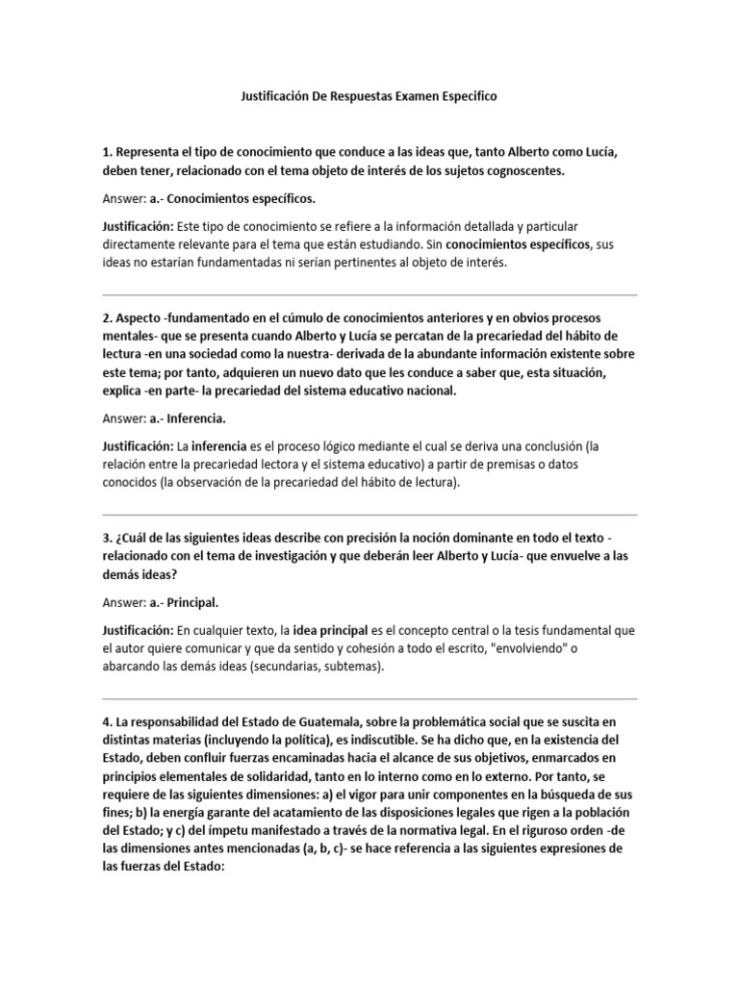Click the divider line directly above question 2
[x=369, y=294]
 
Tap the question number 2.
[x=107, y=317]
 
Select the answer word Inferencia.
[x=196, y=419]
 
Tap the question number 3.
[x=107, y=537]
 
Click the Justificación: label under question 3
[x=137, y=631]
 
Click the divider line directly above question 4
[x=369, y=698]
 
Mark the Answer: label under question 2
[x=123, y=419]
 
